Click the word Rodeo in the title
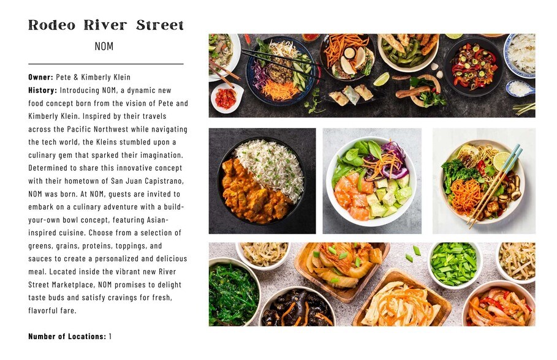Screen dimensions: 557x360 pyautogui.click(x=51, y=25)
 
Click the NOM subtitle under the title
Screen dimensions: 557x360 pyautogui.click(x=104, y=46)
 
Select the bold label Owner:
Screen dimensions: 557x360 pyautogui.click(x=41, y=77)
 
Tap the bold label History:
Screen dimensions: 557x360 pyautogui.click(x=43, y=90)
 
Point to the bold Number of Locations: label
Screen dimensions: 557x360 pyautogui.click(x=67, y=336)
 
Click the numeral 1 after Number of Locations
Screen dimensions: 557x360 pyautogui.click(x=110, y=336)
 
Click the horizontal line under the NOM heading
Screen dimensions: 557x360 pyautogui.click(x=106, y=64)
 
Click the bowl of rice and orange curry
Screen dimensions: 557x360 pyautogui.click(x=262, y=181)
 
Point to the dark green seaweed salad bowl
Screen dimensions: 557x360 pyautogui.click(x=233, y=292)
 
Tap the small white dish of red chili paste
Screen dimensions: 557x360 pyautogui.click(x=227, y=97)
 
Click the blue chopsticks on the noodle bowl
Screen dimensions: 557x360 pyautogui.click(x=496, y=186)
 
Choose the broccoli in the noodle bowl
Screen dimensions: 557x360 pyautogui.click(x=458, y=173)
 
